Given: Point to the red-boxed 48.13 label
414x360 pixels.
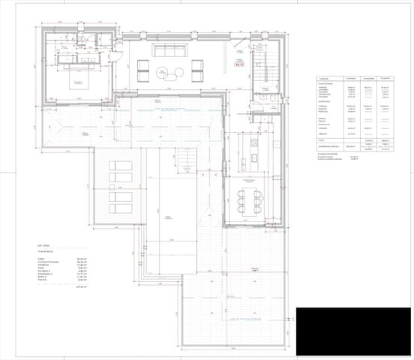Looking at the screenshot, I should click(240, 66).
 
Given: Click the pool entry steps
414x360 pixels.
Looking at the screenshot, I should click(184, 158).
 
